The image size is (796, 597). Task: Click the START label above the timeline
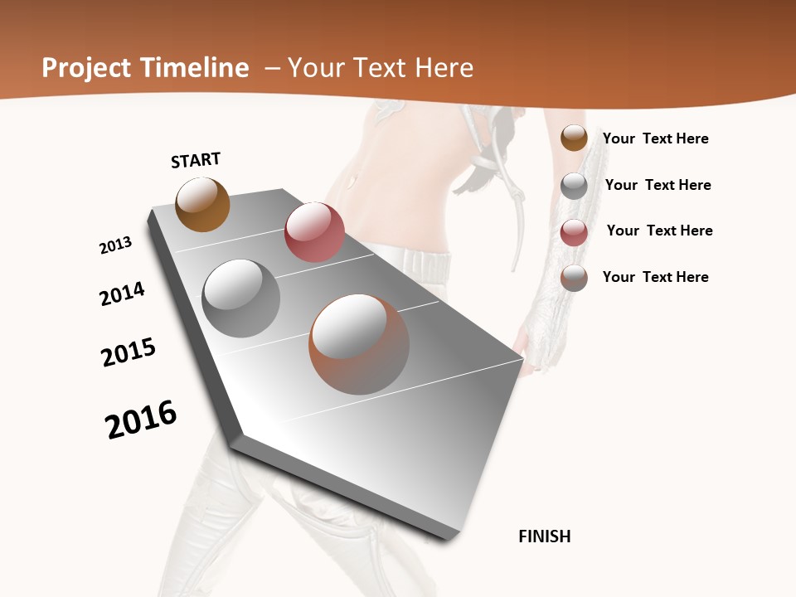[x=196, y=160]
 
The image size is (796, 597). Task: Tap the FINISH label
[x=544, y=536]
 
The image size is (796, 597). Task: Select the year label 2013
[x=115, y=245]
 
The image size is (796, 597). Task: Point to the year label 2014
[x=122, y=294]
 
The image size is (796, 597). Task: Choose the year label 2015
[x=129, y=352]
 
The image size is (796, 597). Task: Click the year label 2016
[x=141, y=419]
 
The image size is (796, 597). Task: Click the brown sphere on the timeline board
[x=202, y=204]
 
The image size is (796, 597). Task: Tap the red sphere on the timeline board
[x=314, y=232]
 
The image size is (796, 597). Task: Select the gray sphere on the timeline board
[x=240, y=298]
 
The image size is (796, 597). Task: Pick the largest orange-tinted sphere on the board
[x=359, y=344]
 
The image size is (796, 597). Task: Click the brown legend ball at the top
[x=574, y=138]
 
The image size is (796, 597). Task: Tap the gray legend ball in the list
[x=574, y=185]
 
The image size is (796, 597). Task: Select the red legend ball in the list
[x=574, y=232]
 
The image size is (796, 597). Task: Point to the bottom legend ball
[x=574, y=278]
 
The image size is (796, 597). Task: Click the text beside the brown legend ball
[x=655, y=138]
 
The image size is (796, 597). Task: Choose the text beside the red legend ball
[x=659, y=231]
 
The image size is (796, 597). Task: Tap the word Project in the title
[x=85, y=68]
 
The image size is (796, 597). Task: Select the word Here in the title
[x=444, y=68]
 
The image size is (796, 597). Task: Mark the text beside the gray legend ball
[x=658, y=185]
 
